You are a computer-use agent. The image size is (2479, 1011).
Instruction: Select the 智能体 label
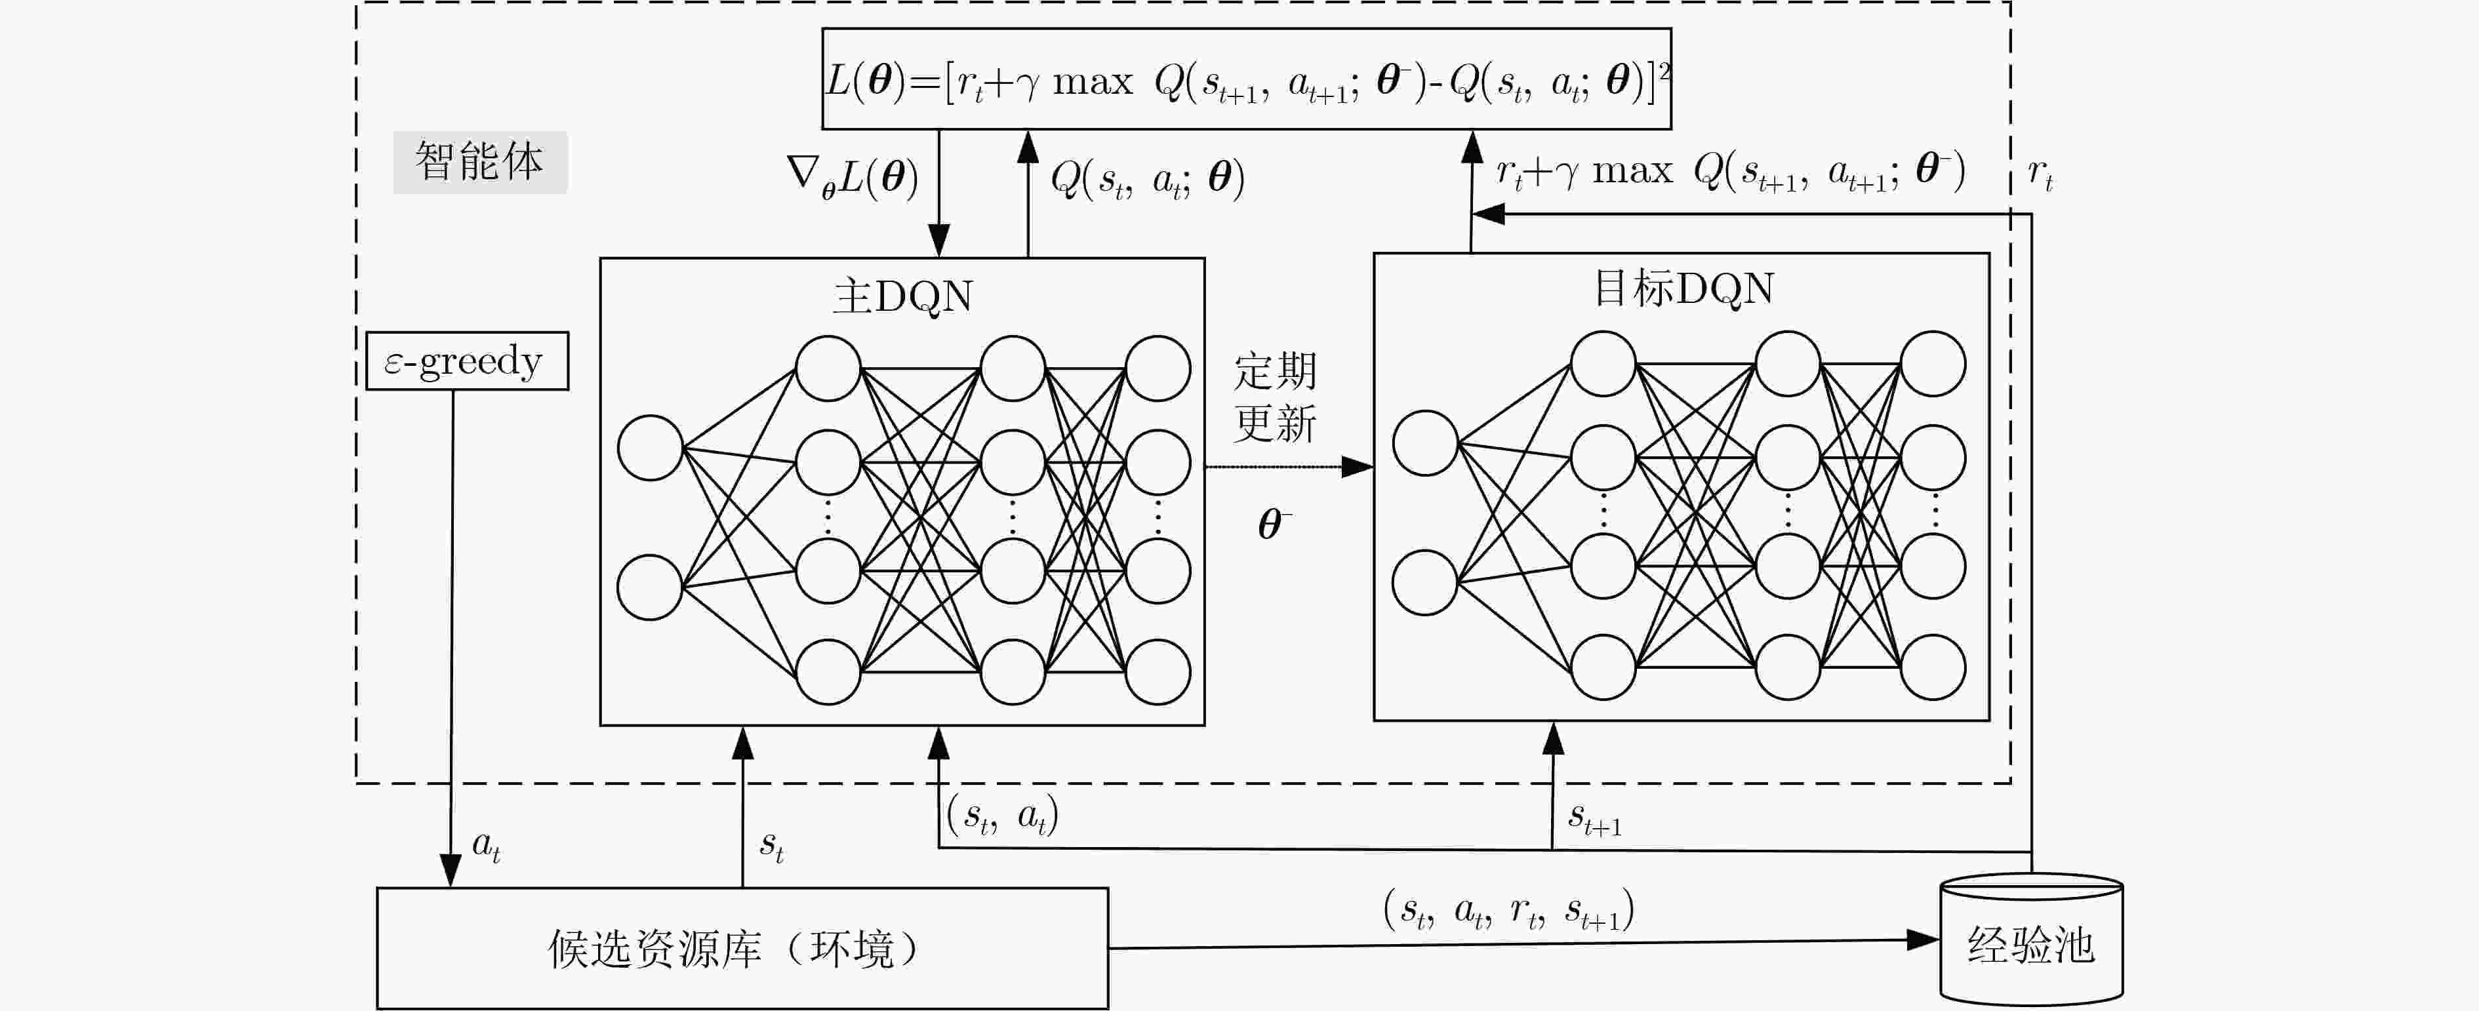click(479, 161)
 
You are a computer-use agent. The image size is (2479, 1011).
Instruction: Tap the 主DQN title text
click(902, 296)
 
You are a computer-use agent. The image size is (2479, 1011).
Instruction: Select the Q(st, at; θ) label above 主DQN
click(1147, 179)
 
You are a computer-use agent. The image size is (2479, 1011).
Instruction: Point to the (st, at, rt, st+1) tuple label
click(1508, 909)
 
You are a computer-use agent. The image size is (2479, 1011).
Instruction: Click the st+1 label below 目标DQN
click(1594, 819)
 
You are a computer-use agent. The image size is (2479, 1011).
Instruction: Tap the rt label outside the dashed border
click(2040, 173)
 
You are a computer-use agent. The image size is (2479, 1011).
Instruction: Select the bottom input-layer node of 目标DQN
click(1425, 582)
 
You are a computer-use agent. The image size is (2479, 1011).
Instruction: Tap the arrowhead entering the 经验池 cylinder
click(1924, 940)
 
